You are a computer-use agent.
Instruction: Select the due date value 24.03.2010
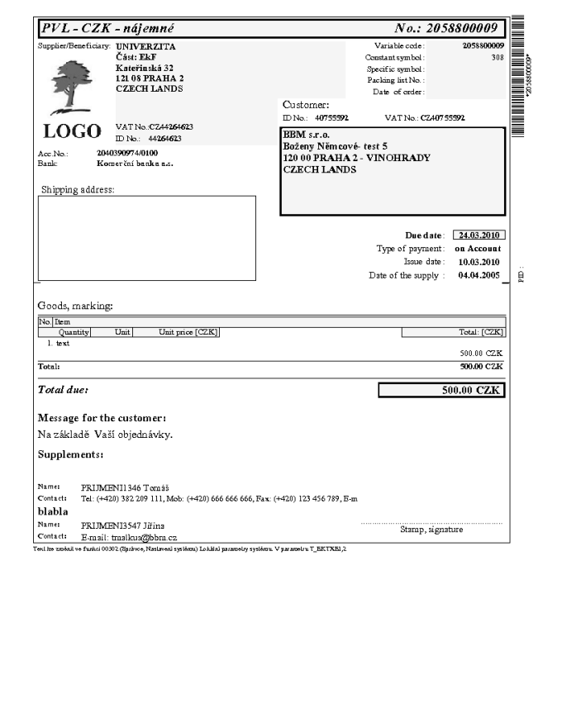click(480, 235)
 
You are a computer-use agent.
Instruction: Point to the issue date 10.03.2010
click(479, 261)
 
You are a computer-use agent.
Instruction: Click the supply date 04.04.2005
click(479, 275)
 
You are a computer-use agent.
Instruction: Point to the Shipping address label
click(78, 189)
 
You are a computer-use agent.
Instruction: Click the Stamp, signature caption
click(431, 530)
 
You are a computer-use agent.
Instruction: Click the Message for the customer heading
click(102, 417)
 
